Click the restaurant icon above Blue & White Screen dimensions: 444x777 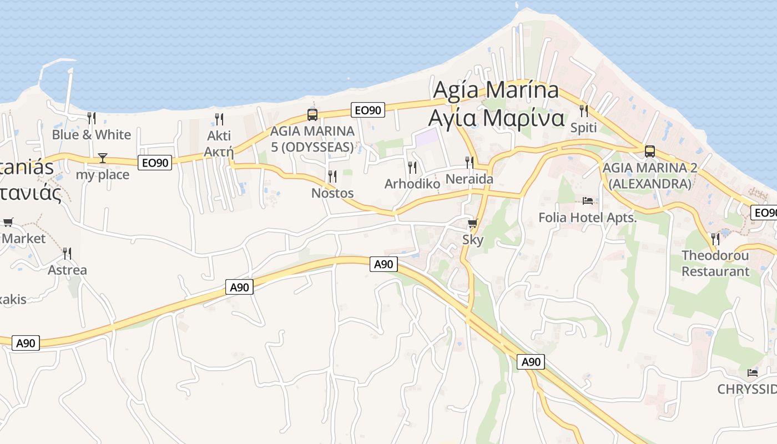coord(92,118)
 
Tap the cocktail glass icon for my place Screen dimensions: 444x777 coord(103,158)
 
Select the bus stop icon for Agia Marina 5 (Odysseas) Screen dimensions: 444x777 coord(312,115)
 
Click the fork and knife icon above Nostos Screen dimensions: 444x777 coord(332,176)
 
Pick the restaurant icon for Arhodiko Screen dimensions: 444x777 coord(412,167)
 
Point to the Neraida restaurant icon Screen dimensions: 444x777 coord(470,163)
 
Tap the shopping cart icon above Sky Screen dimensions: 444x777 coord(472,224)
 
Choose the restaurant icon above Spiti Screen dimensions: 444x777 coord(583,111)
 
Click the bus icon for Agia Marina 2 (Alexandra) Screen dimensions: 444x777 coord(649,151)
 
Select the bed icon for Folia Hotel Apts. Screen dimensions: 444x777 coord(588,200)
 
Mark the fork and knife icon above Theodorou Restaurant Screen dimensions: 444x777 coord(715,239)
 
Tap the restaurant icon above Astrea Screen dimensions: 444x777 coord(67,254)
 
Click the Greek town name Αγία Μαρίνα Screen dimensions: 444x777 coord(496,118)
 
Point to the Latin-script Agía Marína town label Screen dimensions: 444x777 coord(496,89)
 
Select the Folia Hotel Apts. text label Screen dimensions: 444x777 coord(588,218)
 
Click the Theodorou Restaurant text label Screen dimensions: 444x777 coord(715,264)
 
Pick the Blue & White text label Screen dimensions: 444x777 coord(92,135)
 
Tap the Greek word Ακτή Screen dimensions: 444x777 coord(219,152)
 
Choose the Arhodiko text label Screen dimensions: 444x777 coord(412,184)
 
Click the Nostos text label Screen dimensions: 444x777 coord(332,193)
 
